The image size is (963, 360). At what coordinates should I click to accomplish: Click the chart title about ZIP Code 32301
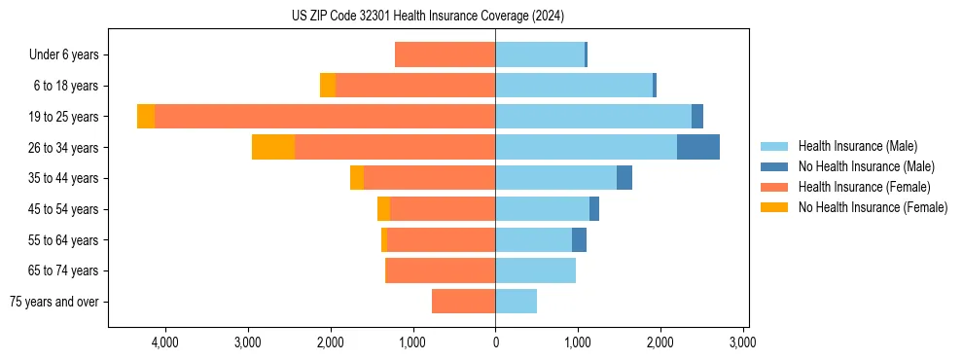(x=427, y=17)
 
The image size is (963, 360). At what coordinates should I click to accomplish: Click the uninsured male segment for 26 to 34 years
(x=698, y=147)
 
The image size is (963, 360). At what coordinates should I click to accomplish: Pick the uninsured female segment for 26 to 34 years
(x=273, y=147)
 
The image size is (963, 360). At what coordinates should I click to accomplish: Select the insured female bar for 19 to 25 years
(x=325, y=116)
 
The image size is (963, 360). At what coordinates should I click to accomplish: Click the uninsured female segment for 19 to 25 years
(x=146, y=116)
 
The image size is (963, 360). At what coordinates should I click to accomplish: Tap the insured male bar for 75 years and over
(x=516, y=302)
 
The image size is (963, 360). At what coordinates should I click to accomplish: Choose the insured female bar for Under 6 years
(x=446, y=54)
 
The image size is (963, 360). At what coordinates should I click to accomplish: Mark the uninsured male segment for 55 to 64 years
(x=579, y=239)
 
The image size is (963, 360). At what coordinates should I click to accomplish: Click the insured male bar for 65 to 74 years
(x=535, y=270)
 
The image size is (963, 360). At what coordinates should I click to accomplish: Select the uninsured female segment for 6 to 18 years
(x=328, y=86)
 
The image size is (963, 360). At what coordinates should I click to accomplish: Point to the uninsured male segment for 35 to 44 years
(x=624, y=178)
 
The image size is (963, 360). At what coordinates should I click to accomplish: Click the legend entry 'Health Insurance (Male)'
(x=857, y=146)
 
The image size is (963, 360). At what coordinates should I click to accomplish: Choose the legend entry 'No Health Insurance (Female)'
(x=873, y=207)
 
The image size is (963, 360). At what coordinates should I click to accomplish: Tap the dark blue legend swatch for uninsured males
(x=773, y=166)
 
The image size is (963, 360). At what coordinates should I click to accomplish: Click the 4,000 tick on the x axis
(x=164, y=342)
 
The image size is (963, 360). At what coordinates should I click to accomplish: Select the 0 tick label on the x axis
(x=495, y=342)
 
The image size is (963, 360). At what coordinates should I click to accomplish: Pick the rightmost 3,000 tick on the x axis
(x=743, y=342)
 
